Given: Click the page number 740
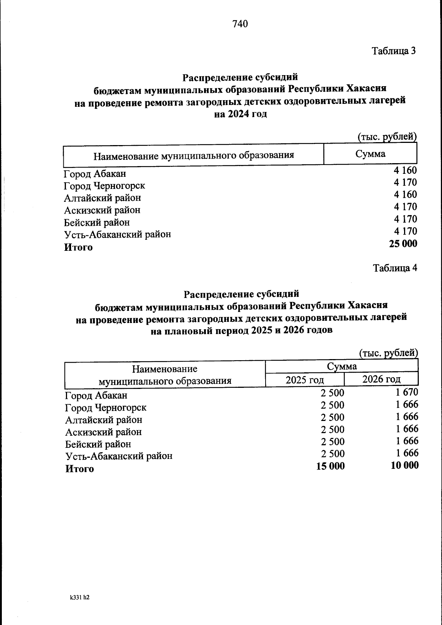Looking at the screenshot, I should pyautogui.click(x=240, y=24).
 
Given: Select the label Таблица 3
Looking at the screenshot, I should pyautogui.click(x=394, y=51).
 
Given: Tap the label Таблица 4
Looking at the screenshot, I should pyautogui.click(x=395, y=268).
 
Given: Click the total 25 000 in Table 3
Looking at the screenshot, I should pyautogui.click(x=403, y=244).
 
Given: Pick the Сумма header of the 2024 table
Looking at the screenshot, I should pyautogui.click(x=370, y=154).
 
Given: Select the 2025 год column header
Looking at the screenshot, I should pyautogui.click(x=305, y=380).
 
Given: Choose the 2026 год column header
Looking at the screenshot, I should pyautogui.click(x=381, y=379).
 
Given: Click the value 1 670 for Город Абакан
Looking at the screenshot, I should pyautogui.click(x=407, y=392).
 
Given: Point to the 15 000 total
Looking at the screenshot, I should pyautogui.click(x=330, y=466).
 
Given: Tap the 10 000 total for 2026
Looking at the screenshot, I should pyautogui.click(x=404, y=466).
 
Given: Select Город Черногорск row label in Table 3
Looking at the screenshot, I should pyautogui.click(x=104, y=186).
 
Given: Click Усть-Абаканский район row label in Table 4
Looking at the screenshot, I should pyautogui.click(x=119, y=456).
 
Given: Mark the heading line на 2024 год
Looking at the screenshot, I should pyautogui.click(x=240, y=114).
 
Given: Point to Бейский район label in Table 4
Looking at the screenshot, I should pyautogui.click(x=98, y=444).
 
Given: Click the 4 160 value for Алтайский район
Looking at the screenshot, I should pyautogui.click(x=405, y=194).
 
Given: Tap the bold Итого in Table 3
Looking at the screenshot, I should pyautogui.click(x=78, y=247).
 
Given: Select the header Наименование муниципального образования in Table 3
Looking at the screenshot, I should pyautogui.click(x=193, y=155).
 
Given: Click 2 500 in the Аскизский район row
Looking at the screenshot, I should pyautogui.click(x=332, y=429).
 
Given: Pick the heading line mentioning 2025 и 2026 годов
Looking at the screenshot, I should pyautogui.click(x=241, y=330).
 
